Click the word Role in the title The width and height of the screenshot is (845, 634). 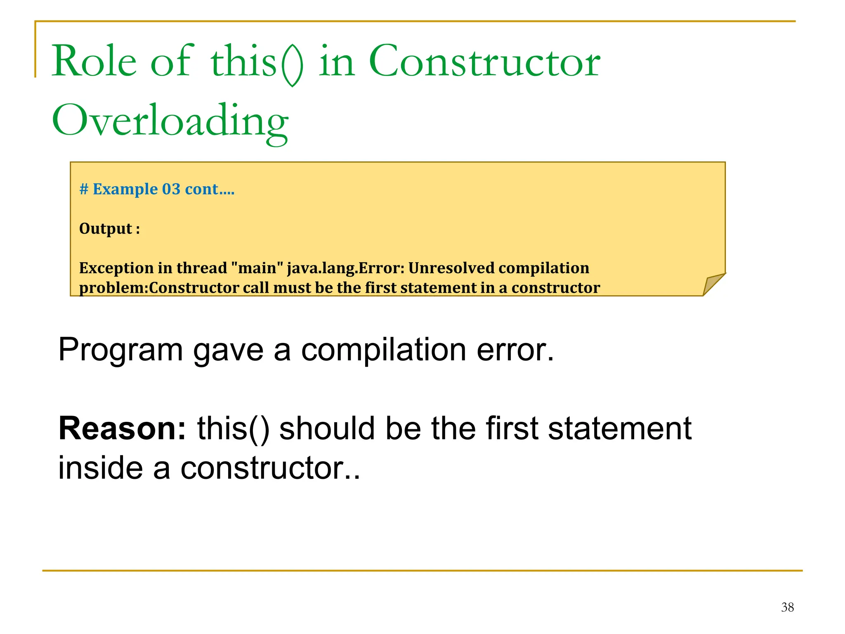(94, 62)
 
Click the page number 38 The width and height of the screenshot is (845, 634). (787, 607)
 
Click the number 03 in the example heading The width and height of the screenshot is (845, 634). (171, 189)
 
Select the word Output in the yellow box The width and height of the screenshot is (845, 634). (106, 229)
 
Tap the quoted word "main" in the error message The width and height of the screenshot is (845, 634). (257, 268)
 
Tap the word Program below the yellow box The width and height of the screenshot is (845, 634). (120, 350)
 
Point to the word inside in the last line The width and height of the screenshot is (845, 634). (101, 468)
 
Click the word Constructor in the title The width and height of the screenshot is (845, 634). (484, 62)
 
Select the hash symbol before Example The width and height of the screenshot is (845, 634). (84, 189)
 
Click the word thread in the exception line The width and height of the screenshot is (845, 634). (201, 268)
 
